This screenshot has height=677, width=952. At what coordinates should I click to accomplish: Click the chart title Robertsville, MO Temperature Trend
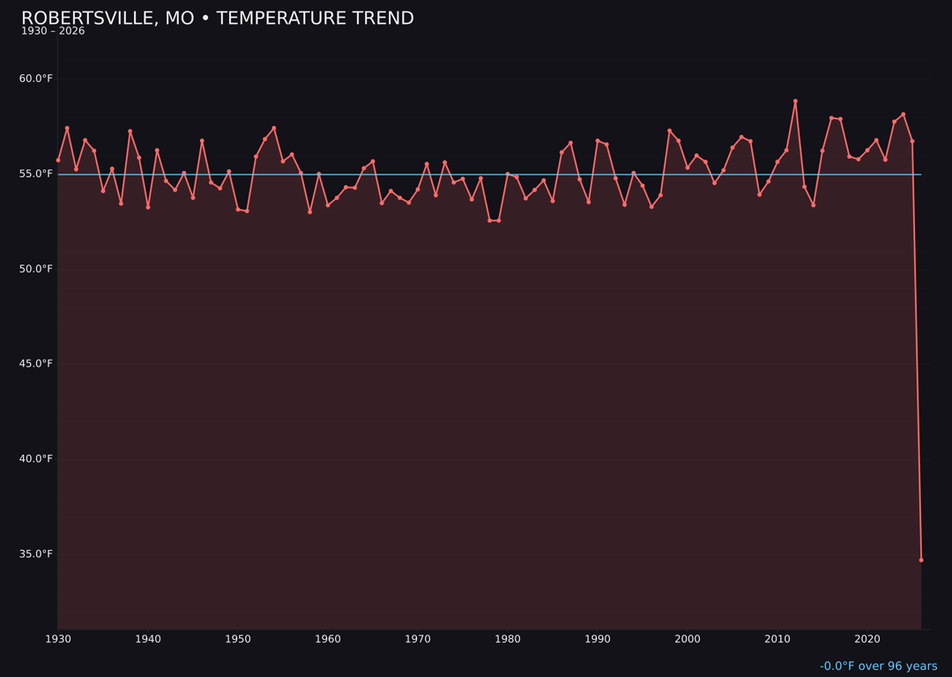[x=217, y=19]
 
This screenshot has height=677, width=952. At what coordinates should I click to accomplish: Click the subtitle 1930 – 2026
[x=53, y=32]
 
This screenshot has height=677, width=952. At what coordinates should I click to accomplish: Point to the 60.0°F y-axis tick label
[x=36, y=78]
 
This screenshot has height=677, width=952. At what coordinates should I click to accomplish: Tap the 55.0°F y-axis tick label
[x=36, y=174]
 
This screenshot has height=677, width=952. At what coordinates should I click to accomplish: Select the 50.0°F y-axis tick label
[x=36, y=269]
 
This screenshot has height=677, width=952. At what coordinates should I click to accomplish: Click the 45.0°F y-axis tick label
[x=36, y=364]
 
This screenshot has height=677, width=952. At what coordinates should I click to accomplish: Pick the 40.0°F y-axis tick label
[x=36, y=459]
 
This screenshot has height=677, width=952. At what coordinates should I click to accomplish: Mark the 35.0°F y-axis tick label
[x=36, y=554]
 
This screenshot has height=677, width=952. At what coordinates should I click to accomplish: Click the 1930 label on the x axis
[x=58, y=639]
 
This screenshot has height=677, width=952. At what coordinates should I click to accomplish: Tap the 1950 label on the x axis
[x=238, y=639]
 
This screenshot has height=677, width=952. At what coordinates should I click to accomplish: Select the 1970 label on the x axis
[x=418, y=639]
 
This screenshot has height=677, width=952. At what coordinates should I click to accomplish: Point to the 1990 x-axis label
[x=598, y=639]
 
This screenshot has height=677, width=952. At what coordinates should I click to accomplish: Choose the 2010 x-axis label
[x=777, y=639]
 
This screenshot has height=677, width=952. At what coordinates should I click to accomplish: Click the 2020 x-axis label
[x=867, y=639]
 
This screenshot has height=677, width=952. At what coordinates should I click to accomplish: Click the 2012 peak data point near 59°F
[x=795, y=101]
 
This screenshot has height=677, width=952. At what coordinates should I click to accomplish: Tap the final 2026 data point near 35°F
[x=921, y=560]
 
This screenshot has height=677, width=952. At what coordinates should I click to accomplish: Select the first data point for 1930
[x=58, y=160]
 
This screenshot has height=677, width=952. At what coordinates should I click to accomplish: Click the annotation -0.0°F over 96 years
[x=878, y=666]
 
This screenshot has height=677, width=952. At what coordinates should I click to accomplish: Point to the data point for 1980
[x=508, y=174]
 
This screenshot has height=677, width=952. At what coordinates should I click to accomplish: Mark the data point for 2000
[x=688, y=167]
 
